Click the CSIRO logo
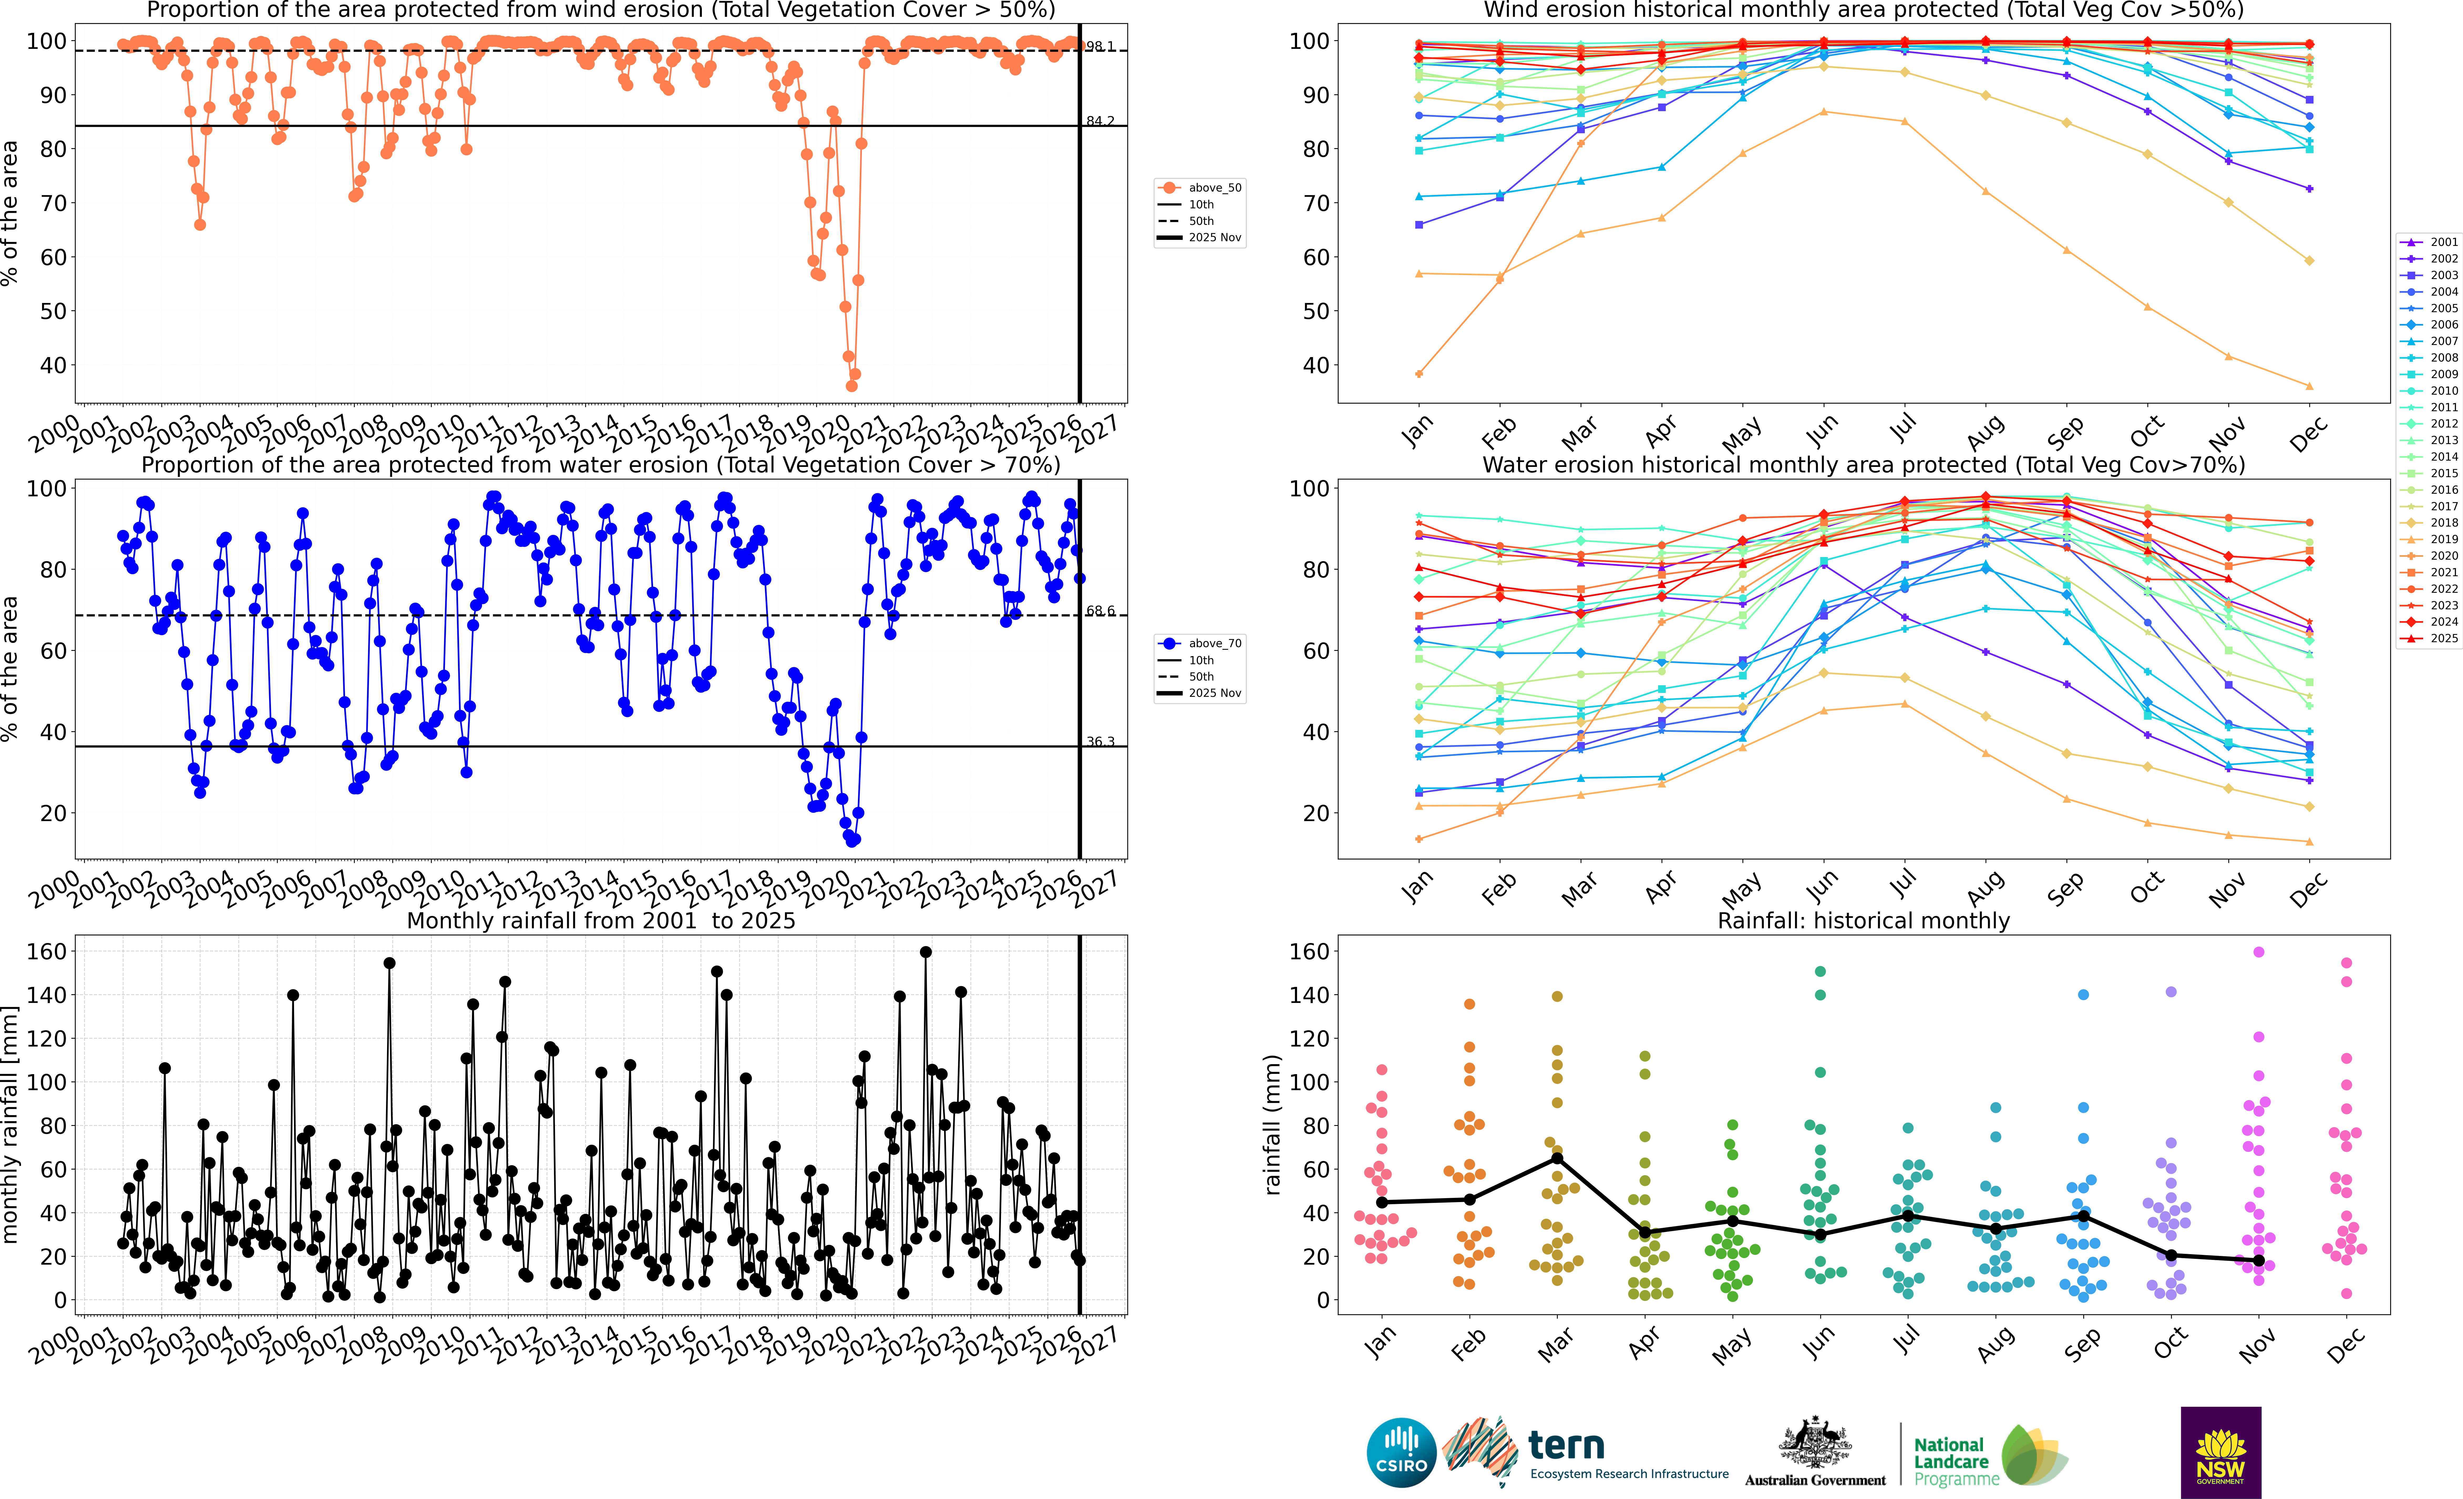[x=1401, y=1452]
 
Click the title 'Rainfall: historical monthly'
[x=1863, y=920]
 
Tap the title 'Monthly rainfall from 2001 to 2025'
[x=601, y=920]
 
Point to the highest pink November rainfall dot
[x=2258, y=952]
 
